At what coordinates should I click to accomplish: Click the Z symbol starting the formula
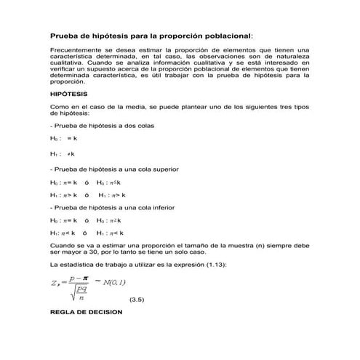tap(53, 279)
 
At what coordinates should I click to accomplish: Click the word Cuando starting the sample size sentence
tap(62, 246)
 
